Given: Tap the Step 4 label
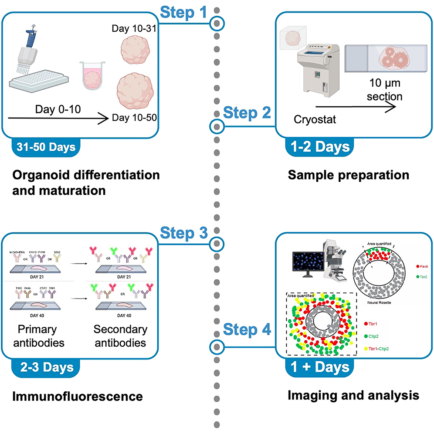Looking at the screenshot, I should pyautogui.click(x=247, y=329).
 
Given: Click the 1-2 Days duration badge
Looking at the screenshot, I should pyautogui.click(x=319, y=146).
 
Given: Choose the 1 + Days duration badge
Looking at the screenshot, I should pyautogui.click(x=319, y=367).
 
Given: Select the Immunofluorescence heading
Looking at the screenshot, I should pyautogui.click(x=77, y=397).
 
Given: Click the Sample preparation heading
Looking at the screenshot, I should pyautogui.click(x=348, y=175).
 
